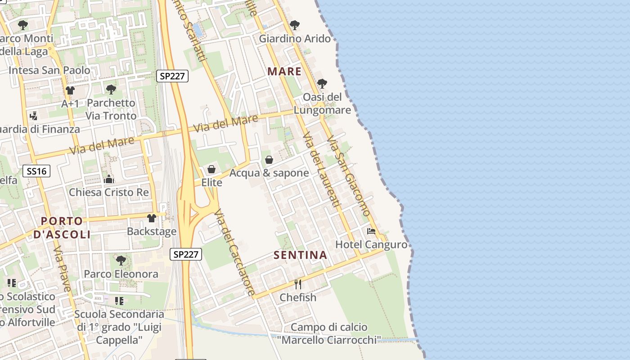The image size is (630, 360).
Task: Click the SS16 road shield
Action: coord(36,171)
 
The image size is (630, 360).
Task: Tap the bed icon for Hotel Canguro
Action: coord(371,231)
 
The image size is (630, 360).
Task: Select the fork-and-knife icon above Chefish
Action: coord(297,284)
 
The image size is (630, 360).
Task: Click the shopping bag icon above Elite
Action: coord(211,170)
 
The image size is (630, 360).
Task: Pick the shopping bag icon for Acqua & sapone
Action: coord(269,160)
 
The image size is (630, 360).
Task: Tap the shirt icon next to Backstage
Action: coord(152,218)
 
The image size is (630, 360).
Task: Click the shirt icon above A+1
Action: coord(70,90)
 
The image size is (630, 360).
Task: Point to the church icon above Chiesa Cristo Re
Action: coord(109,180)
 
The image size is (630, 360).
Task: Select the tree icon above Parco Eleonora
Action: coord(121,260)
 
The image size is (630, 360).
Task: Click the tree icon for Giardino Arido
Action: coord(295,25)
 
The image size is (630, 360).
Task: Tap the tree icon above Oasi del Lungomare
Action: coord(322,84)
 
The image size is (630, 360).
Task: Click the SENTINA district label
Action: coord(300,255)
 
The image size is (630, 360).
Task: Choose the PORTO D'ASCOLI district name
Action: coord(62,228)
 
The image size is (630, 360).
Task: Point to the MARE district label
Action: coord(284,71)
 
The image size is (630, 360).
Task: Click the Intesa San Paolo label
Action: coord(49,70)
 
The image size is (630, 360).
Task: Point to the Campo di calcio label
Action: coord(329,327)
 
